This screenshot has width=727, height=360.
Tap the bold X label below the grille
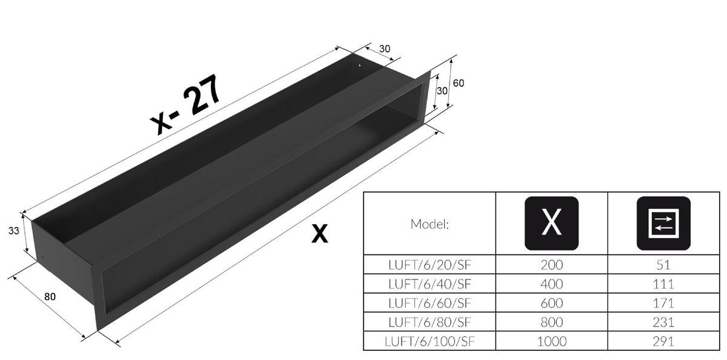[x=319, y=233]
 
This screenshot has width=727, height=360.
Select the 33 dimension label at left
[x=13, y=231]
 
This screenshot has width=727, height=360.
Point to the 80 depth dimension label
[x=50, y=297]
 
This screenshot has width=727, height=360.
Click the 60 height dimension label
[x=458, y=83]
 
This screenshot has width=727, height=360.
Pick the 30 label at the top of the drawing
[x=385, y=48]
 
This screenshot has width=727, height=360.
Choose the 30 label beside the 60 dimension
[x=442, y=91]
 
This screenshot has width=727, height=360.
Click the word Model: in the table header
[x=430, y=224]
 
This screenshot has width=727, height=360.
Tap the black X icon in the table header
[x=551, y=224]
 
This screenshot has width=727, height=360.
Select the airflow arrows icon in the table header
[x=663, y=224]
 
